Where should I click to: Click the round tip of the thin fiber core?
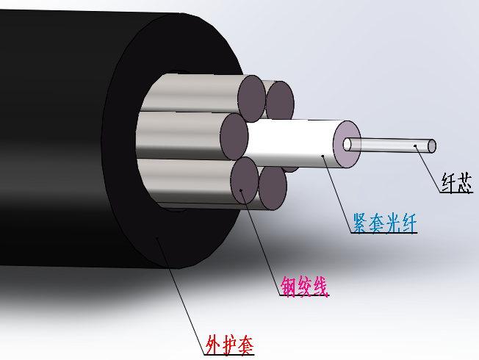pyautogui.click(x=432, y=145)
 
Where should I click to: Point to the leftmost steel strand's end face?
pyautogui.click(x=234, y=136)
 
